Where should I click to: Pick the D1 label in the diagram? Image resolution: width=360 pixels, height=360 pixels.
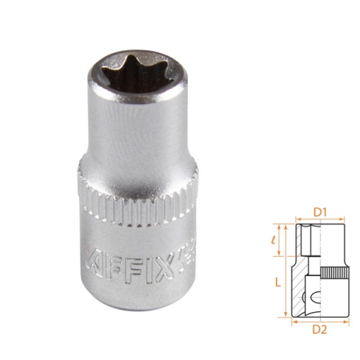click(x=320, y=212)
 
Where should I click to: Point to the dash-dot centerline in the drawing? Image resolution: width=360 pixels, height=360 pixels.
click(x=319, y=264)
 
